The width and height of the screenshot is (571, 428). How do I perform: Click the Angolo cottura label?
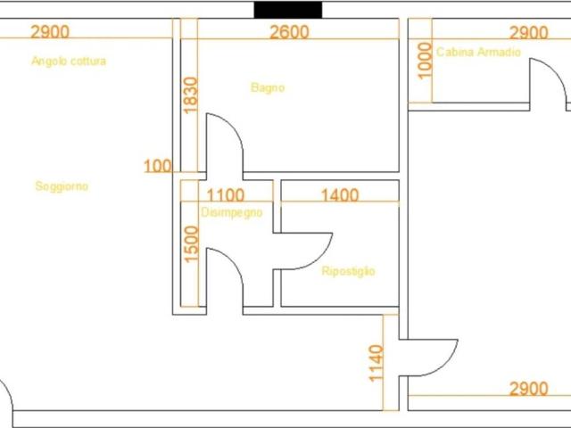point(69,61)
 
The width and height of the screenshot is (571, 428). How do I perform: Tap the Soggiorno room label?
point(62,186)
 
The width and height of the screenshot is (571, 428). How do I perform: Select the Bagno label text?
point(268,87)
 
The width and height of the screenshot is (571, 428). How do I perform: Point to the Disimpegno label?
point(232,212)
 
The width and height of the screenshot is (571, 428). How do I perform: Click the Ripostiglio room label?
point(348,271)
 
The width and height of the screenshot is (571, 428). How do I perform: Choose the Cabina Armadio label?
point(478,52)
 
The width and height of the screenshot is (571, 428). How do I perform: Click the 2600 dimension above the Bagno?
point(289,32)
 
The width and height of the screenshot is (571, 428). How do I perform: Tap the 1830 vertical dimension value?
point(190,95)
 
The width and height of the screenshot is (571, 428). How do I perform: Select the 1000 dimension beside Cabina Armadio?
point(425,61)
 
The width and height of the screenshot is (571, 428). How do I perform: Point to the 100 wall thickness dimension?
point(158,166)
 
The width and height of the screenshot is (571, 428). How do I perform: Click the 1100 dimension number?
point(225,195)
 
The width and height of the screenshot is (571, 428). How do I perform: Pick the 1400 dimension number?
point(340,195)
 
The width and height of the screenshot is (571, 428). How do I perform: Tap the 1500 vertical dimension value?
point(192,244)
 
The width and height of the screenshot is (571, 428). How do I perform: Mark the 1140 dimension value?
point(377,364)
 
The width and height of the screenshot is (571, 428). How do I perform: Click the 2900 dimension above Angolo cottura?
point(50,32)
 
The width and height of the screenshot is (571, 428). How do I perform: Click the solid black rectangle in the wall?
point(287,10)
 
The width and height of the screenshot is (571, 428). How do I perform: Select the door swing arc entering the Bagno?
point(233,125)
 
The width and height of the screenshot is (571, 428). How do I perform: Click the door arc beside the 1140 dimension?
point(447,366)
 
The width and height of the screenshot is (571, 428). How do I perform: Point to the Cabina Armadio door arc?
point(556,69)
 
